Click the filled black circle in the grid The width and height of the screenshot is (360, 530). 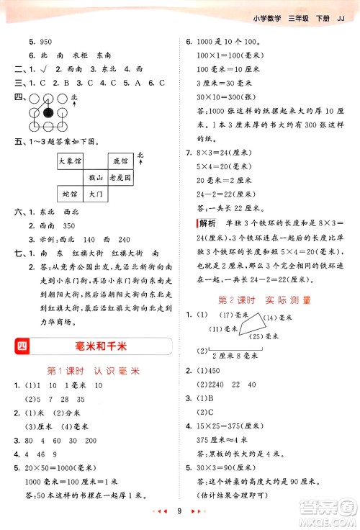(48, 112)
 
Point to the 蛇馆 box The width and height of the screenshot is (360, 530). (70, 194)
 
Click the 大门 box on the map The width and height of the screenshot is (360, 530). (95, 194)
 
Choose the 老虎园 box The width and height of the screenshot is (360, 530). (120, 177)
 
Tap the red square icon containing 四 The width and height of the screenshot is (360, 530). (22, 348)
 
